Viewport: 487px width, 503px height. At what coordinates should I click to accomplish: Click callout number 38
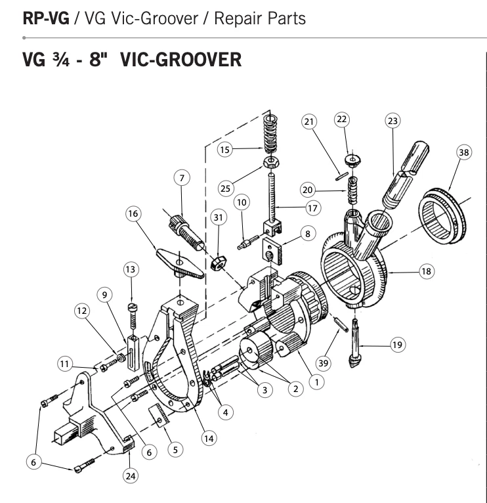(463, 153)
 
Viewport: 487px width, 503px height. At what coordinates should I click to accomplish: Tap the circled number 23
(392, 121)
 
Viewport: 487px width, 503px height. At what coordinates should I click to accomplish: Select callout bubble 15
(226, 150)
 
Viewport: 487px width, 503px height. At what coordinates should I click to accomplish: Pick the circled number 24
(131, 474)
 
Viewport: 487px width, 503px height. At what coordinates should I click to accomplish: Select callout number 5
(174, 449)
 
